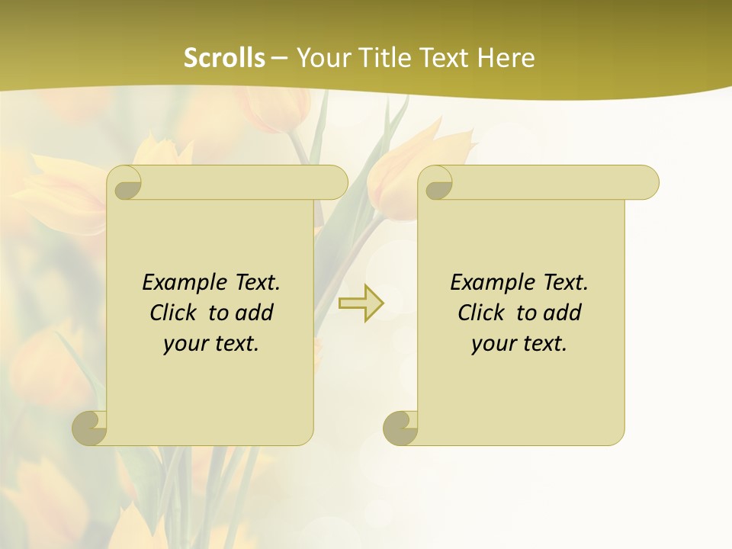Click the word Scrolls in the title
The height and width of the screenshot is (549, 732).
pos(224,58)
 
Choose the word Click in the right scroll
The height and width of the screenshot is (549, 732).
pos(481,313)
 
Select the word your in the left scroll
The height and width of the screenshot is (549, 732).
pos(185,344)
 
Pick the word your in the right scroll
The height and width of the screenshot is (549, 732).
pos(493,344)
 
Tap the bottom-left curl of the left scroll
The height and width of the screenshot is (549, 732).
pos(88,428)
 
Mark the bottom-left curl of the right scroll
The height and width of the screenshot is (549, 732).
pos(400,428)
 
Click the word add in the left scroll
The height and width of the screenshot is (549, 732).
pos(255,313)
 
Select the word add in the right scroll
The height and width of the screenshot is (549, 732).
pos(563,313)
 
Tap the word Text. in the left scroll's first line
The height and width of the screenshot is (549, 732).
pos(256,283)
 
